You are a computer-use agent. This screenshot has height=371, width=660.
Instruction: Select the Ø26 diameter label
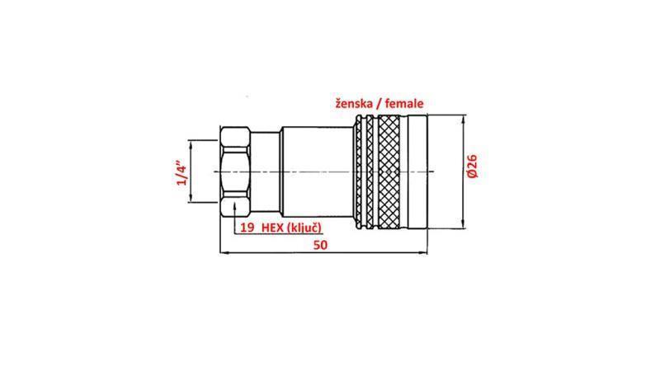(x=473, y=170)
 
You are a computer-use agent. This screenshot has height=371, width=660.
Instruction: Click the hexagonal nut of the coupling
(x=238, y=171)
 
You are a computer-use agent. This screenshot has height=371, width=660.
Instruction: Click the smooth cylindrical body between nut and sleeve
(x=313, y=171)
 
